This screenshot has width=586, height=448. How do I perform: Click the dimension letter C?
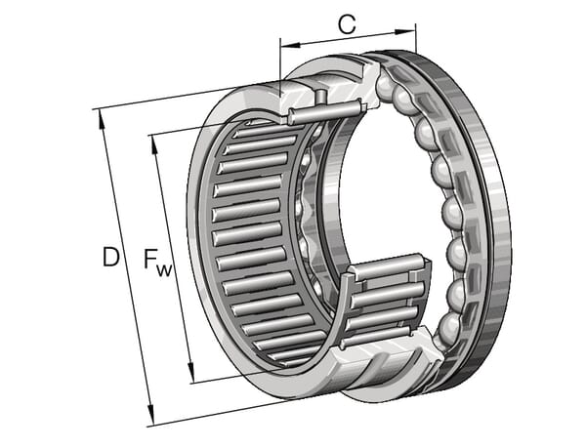347,25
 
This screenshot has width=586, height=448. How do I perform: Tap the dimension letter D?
111,257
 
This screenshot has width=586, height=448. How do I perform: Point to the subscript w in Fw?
164,269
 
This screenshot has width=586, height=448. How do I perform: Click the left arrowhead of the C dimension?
290,45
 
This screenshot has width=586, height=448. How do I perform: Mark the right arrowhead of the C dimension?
405,32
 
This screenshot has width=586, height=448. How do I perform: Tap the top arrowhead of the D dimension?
101,120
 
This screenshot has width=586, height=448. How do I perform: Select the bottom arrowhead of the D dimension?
150,415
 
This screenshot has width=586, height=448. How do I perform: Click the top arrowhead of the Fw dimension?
154,144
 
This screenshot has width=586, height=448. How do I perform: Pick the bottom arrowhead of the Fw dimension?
191,373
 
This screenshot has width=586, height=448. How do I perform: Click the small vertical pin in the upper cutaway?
320,97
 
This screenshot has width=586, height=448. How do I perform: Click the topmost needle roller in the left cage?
270,126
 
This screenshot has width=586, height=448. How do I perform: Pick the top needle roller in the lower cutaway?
389,265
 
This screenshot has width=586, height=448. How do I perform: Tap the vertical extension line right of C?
416,38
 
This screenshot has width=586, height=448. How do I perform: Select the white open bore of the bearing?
393,186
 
